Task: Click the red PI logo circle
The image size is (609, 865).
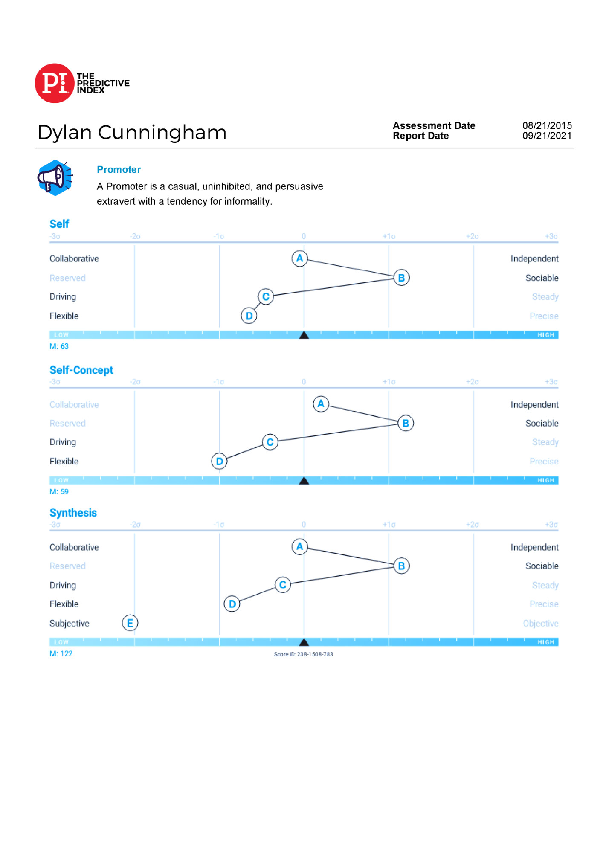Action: [55, 83]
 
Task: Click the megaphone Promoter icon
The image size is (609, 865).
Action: [55, 178]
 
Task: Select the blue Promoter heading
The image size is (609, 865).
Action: [119, 170]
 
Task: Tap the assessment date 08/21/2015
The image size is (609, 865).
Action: [547, 125]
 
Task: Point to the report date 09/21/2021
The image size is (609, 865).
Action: [547, 136]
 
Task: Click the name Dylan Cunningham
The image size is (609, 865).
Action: [132, 133]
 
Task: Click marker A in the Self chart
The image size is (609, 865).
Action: [300, 258]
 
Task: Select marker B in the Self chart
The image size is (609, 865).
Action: [401, 278]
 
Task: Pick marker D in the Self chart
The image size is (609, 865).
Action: [249, 316]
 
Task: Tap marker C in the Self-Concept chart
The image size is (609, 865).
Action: [270, 442]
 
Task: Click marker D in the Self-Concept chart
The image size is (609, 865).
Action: [219, 461]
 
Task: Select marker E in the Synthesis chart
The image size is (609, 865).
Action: [130, 623]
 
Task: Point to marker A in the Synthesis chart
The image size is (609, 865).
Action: [300, 547]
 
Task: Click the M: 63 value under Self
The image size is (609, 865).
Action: [59, 346]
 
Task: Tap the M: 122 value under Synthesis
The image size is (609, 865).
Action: [61, 654]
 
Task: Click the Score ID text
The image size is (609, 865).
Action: [303, 654]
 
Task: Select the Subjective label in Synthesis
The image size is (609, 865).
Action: [70, 624]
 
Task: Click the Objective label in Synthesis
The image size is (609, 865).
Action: [540, 624]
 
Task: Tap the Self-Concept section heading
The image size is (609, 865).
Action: [81, 370]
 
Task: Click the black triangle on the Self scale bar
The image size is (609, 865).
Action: [304, 335]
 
